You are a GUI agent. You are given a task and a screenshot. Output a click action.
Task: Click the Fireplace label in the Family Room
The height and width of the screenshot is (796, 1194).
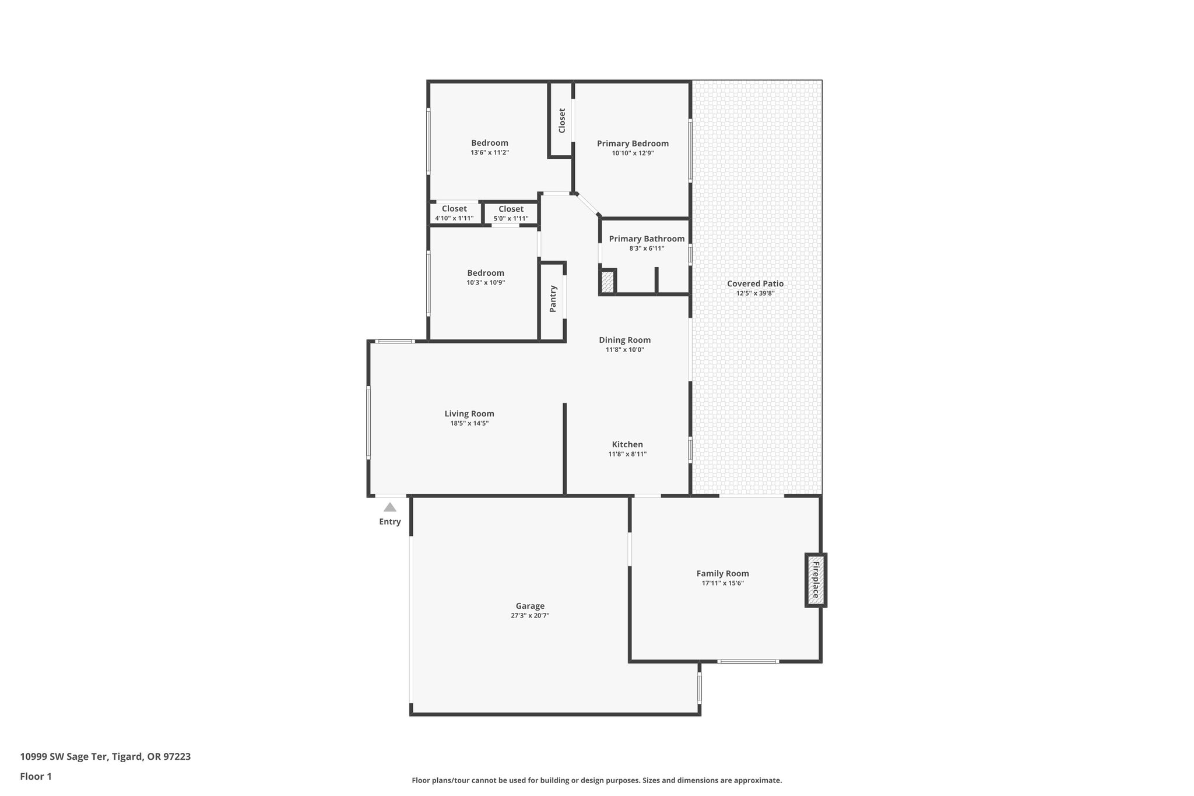[x=816, y=580]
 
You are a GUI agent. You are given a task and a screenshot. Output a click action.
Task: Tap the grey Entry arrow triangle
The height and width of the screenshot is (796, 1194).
[x=390, y=507]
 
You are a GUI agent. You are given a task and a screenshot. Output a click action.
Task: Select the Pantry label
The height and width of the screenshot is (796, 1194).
[x=553, y=299]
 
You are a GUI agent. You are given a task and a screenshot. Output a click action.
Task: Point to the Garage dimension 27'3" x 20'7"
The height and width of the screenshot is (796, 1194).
[x=530, y=615]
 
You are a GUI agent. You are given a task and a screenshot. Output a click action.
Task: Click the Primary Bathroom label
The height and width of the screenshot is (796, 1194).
[x=647, y=239]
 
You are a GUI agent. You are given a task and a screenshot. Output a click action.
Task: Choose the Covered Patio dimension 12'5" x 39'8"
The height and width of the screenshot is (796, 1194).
[x=755, y=293]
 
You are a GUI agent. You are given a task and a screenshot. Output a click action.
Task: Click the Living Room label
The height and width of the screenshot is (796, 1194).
[x=469, y=413]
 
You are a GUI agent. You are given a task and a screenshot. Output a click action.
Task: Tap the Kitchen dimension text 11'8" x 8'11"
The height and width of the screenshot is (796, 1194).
[x=627, y=454]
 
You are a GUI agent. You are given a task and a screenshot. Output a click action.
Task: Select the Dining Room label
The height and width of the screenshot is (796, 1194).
[x=625, y=340]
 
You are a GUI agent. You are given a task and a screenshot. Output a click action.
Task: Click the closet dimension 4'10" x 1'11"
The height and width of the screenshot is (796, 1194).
[x=454, y=218]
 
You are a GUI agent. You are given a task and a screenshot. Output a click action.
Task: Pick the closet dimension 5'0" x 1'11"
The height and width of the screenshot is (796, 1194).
[x=511, y=219]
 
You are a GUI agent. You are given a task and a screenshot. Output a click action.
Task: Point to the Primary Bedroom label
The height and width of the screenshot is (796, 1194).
[x=633, y=143]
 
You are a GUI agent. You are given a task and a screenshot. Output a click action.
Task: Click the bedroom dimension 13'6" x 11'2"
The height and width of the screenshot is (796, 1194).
[x=490, y=152]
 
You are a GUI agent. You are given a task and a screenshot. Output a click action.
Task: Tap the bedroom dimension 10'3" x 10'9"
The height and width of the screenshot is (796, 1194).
[x=486, y=282]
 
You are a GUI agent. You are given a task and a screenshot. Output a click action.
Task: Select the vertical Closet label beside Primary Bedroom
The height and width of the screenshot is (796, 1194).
[x=562, y=120]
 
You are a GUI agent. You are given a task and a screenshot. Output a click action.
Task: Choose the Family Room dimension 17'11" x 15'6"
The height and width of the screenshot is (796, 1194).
[x=723, y=583]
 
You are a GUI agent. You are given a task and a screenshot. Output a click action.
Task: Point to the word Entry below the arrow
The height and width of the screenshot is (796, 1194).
[x=390, y=521]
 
